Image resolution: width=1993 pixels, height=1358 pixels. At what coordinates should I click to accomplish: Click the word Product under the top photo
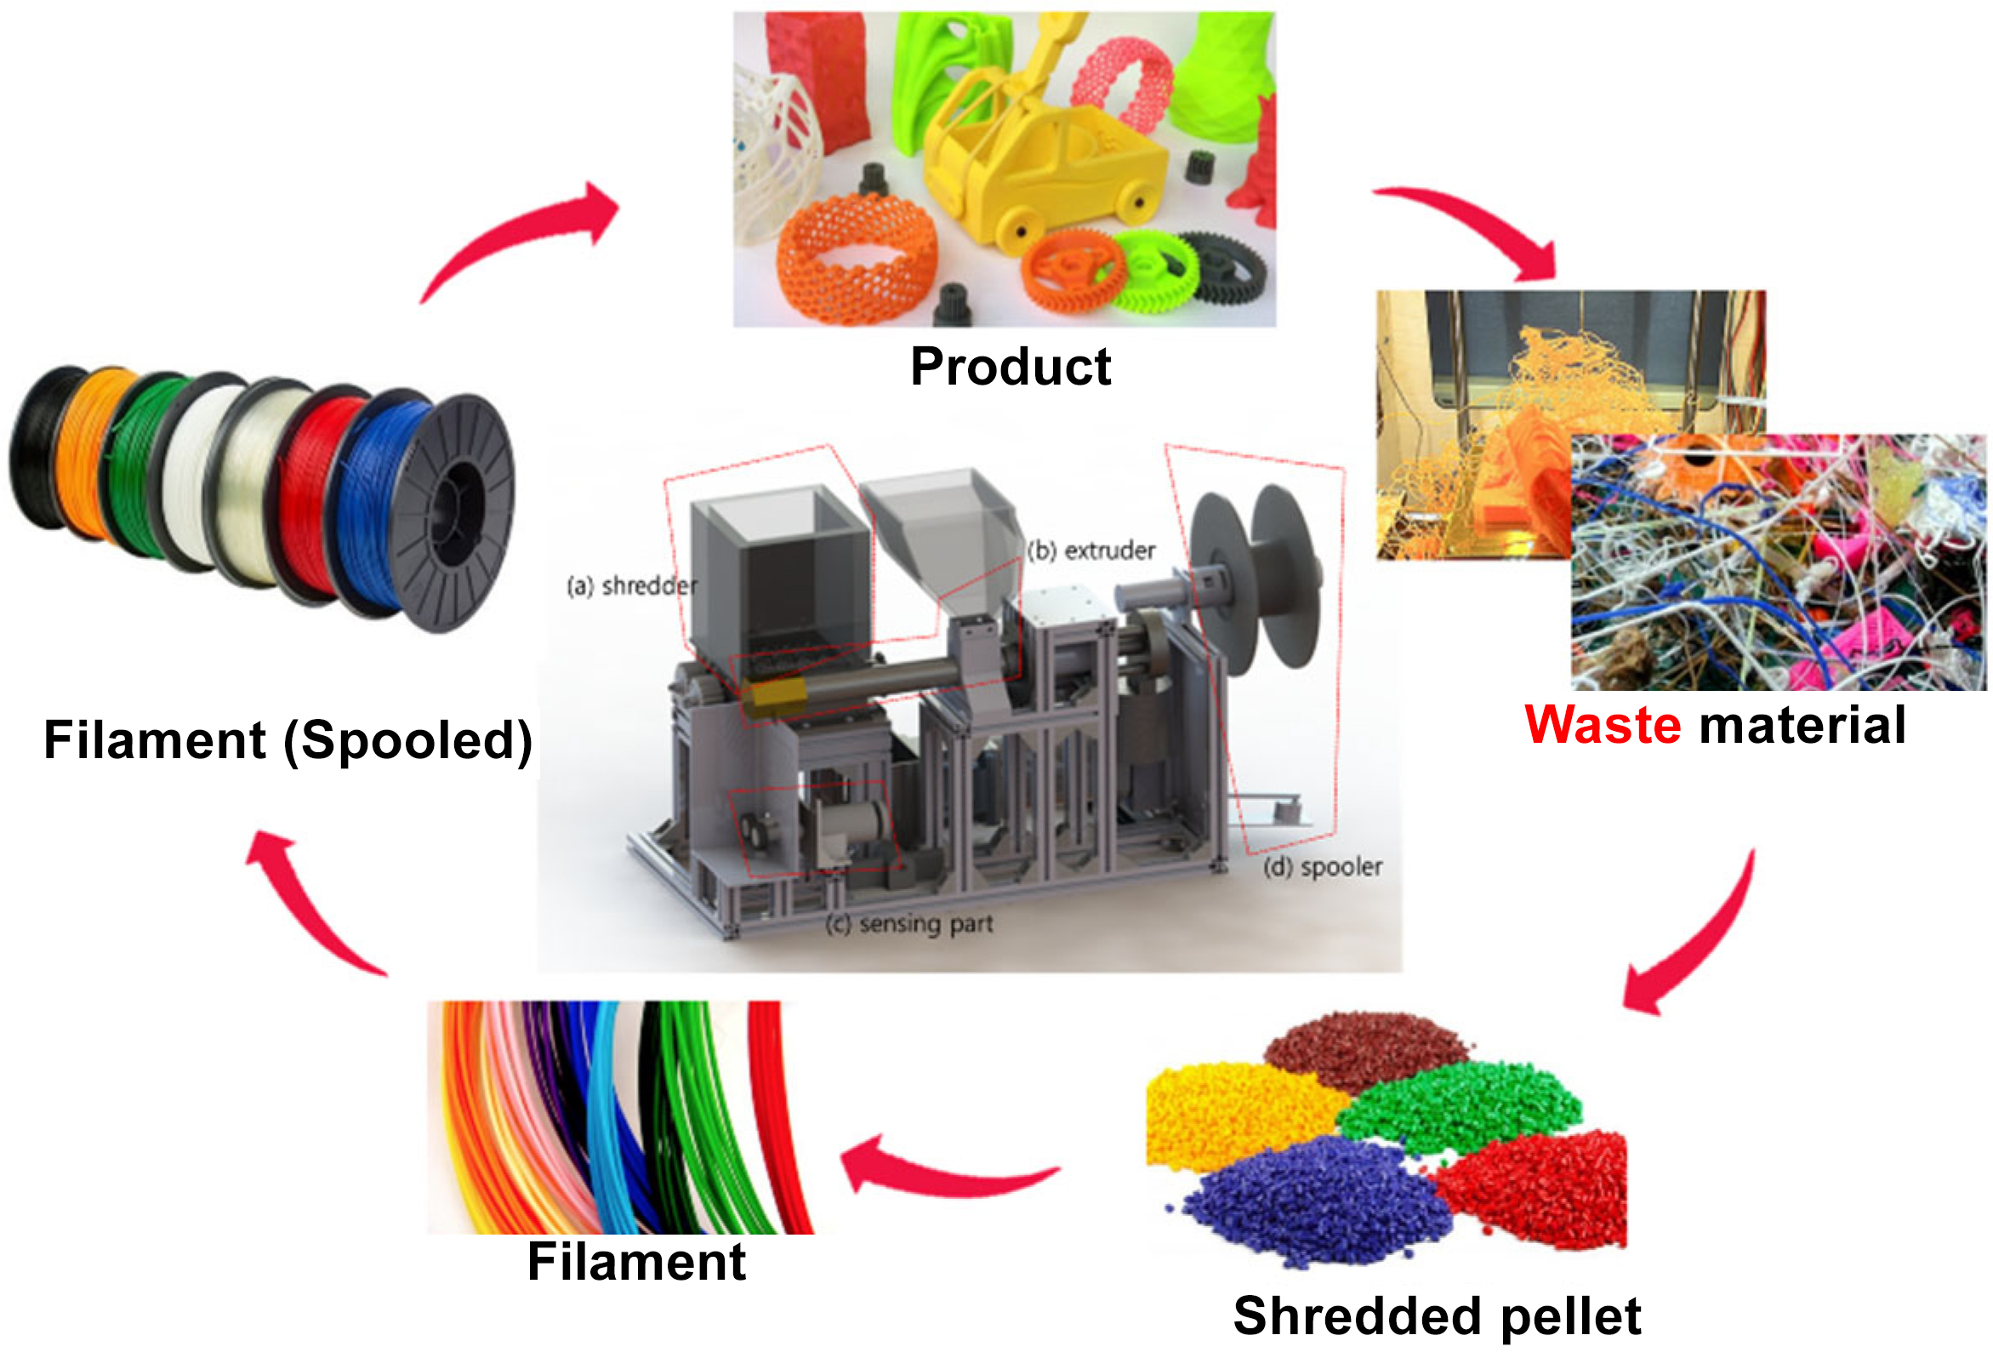point(1011,368)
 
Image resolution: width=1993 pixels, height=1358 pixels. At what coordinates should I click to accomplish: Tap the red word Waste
point(1602,725)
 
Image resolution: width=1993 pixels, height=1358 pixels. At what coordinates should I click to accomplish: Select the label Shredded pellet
point(1438,1316)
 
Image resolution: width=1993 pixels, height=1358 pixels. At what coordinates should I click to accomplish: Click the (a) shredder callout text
point(632,586)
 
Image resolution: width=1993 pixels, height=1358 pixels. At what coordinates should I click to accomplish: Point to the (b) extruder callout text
point(1090,550)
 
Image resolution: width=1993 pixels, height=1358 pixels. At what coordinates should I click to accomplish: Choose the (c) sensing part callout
point(909,924)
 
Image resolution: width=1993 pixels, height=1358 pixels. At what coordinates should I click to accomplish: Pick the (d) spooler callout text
point(1324,867)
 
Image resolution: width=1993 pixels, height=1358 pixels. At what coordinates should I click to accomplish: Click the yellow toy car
point(1042,163)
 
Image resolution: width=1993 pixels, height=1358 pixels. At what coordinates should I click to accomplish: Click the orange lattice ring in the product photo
point(857,257)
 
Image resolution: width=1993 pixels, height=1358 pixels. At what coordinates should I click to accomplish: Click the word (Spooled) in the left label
point(408,740)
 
